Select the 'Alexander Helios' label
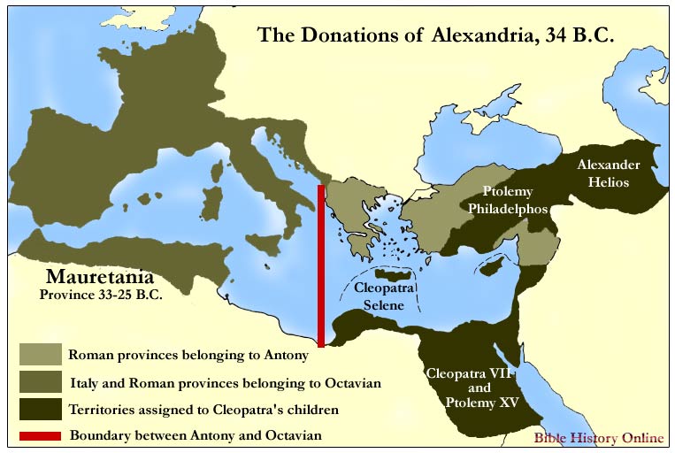coord(603,173)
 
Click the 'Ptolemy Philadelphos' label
coord(517,200)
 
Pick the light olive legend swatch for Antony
coord(41,355)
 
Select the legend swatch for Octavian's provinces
coord(41,382)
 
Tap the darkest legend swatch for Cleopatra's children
coord(41,409)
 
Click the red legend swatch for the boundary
coord(41,435)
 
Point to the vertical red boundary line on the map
coord(320,265)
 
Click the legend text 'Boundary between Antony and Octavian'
coord(194,435)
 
